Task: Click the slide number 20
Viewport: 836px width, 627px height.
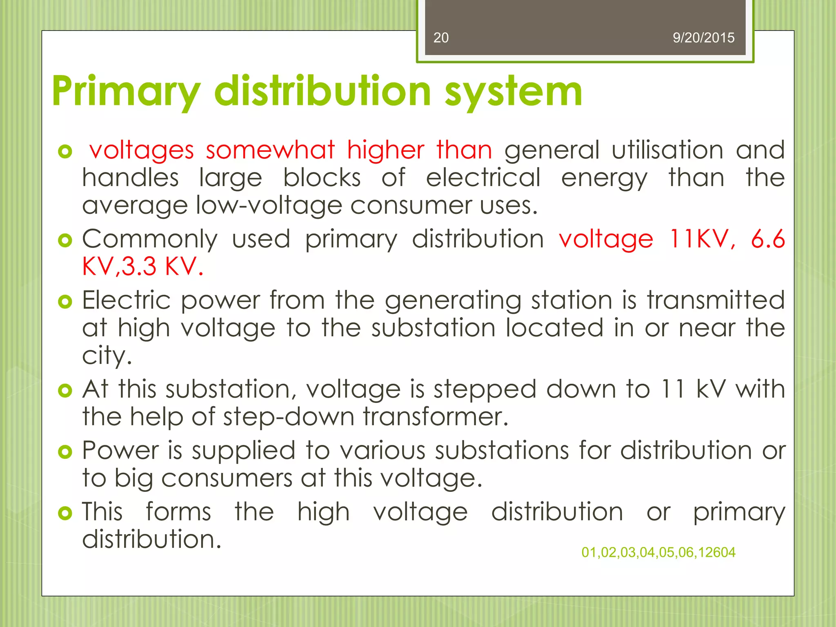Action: point(441,38)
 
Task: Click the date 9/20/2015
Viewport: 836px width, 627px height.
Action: point(703,38)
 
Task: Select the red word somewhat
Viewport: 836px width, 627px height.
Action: point(270,150)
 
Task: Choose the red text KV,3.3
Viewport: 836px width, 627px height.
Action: point(119,267)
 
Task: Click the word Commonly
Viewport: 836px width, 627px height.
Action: point(150,239)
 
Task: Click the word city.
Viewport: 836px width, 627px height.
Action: point(107,356)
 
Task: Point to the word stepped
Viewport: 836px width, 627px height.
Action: point(485,389)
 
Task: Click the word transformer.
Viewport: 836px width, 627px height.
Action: point(436,417)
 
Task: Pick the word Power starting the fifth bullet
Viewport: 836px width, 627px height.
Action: point(120,451)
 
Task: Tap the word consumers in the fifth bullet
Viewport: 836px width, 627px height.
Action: point(227,478)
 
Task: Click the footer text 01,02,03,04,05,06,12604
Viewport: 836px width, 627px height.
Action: point(658,552)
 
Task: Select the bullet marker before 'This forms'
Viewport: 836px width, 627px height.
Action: point(65,513)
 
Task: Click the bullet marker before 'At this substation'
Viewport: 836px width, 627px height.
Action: point(65,390)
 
